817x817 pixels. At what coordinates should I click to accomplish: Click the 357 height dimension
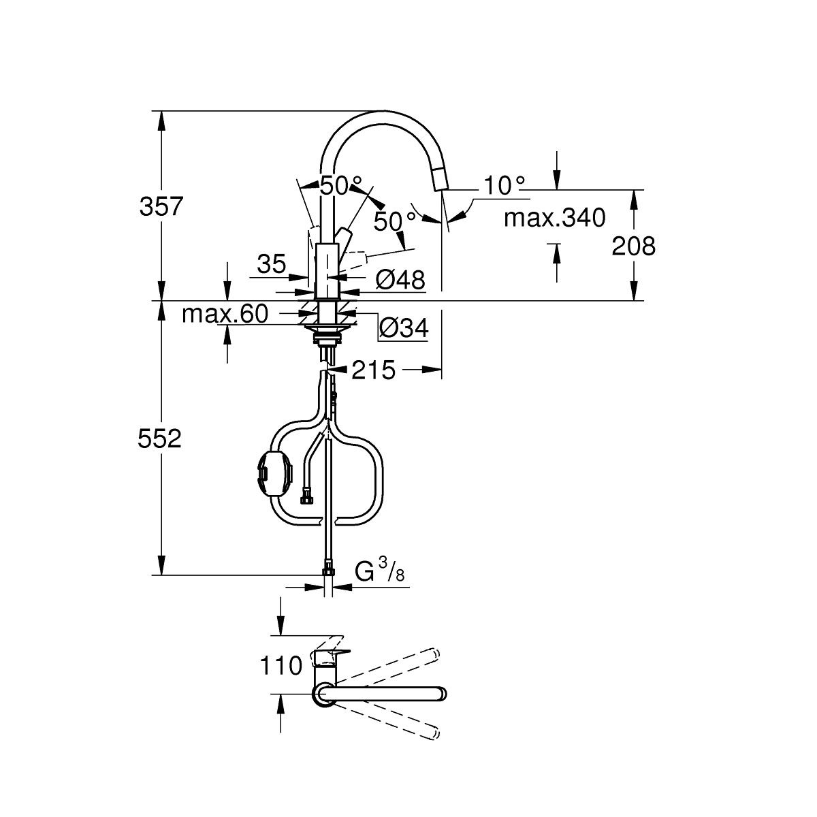click(x=161, y=206)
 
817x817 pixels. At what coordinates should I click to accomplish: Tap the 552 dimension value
click(x=159, y=438)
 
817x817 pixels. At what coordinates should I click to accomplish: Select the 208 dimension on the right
click(x=633, y=246)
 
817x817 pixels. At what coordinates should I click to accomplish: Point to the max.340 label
click(x=555, y=218)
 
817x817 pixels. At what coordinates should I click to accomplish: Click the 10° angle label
click(x=504, y=185)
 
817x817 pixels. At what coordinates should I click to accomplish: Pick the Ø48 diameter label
click(x=400, y=279)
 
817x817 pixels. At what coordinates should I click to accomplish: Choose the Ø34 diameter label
click(x=404, y=327)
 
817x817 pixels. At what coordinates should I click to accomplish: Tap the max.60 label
click(x=225, y=314)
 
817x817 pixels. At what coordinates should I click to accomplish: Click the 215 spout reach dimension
click(x=374, y=370)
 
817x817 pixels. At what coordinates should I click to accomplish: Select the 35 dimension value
click(x=272, y=265)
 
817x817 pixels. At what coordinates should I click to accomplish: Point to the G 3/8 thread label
click(x=379, y=571)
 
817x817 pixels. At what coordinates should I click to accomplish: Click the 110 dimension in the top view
click(x=281, y=666)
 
